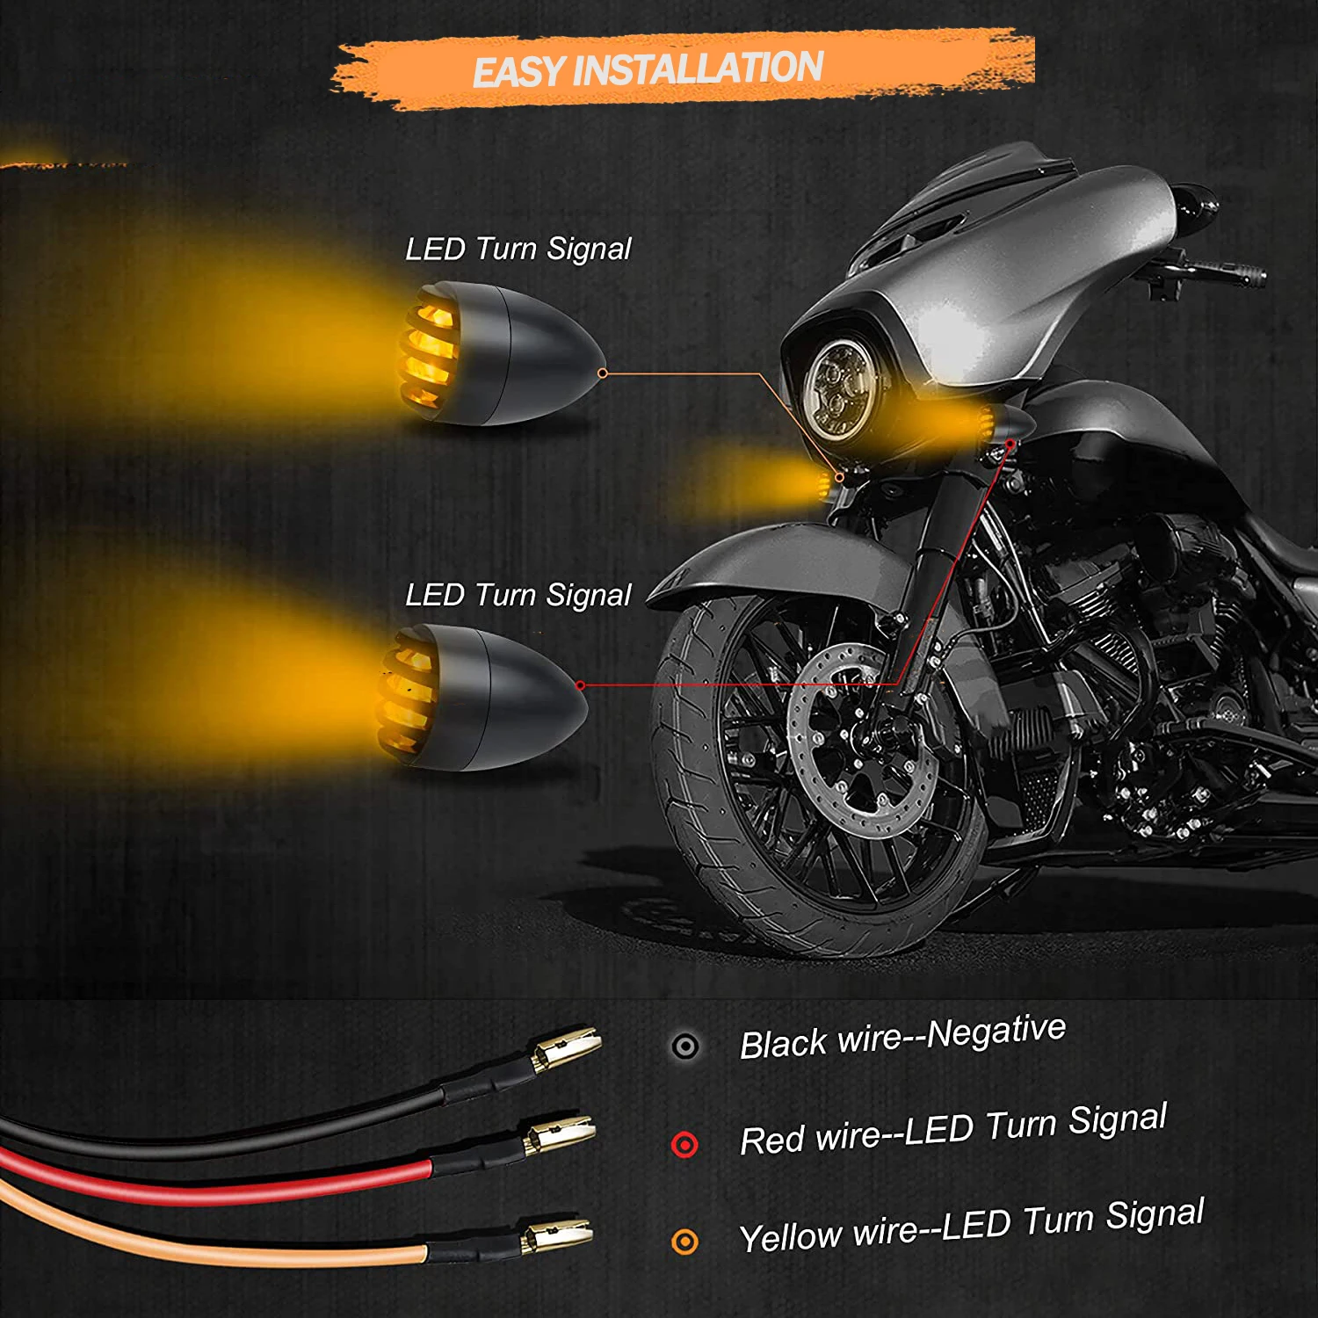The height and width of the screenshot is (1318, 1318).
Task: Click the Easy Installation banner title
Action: [648, 69]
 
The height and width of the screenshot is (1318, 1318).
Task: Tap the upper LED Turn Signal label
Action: [518, 250]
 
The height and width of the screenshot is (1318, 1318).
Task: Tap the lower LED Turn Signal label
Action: [518, 596]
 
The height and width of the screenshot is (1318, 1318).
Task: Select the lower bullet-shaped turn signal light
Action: [483, 699]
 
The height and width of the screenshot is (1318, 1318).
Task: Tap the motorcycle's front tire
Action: [694, 791]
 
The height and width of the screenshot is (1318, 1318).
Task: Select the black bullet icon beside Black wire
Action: [684, 1046]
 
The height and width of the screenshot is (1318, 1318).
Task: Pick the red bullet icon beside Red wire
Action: [684, 1144]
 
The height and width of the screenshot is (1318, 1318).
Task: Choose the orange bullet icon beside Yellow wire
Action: [684, 1241]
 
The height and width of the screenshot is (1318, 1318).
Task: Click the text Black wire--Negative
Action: [902, 1037]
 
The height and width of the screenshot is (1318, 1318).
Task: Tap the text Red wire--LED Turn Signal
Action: [952, 1130]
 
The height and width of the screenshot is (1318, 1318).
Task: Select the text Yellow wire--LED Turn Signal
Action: [971, 1227]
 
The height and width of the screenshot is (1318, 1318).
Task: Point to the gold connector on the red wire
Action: [560, 1134]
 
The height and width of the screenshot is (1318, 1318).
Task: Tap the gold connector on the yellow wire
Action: [557, 1235]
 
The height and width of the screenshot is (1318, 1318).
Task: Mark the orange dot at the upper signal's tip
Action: [603, 373]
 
